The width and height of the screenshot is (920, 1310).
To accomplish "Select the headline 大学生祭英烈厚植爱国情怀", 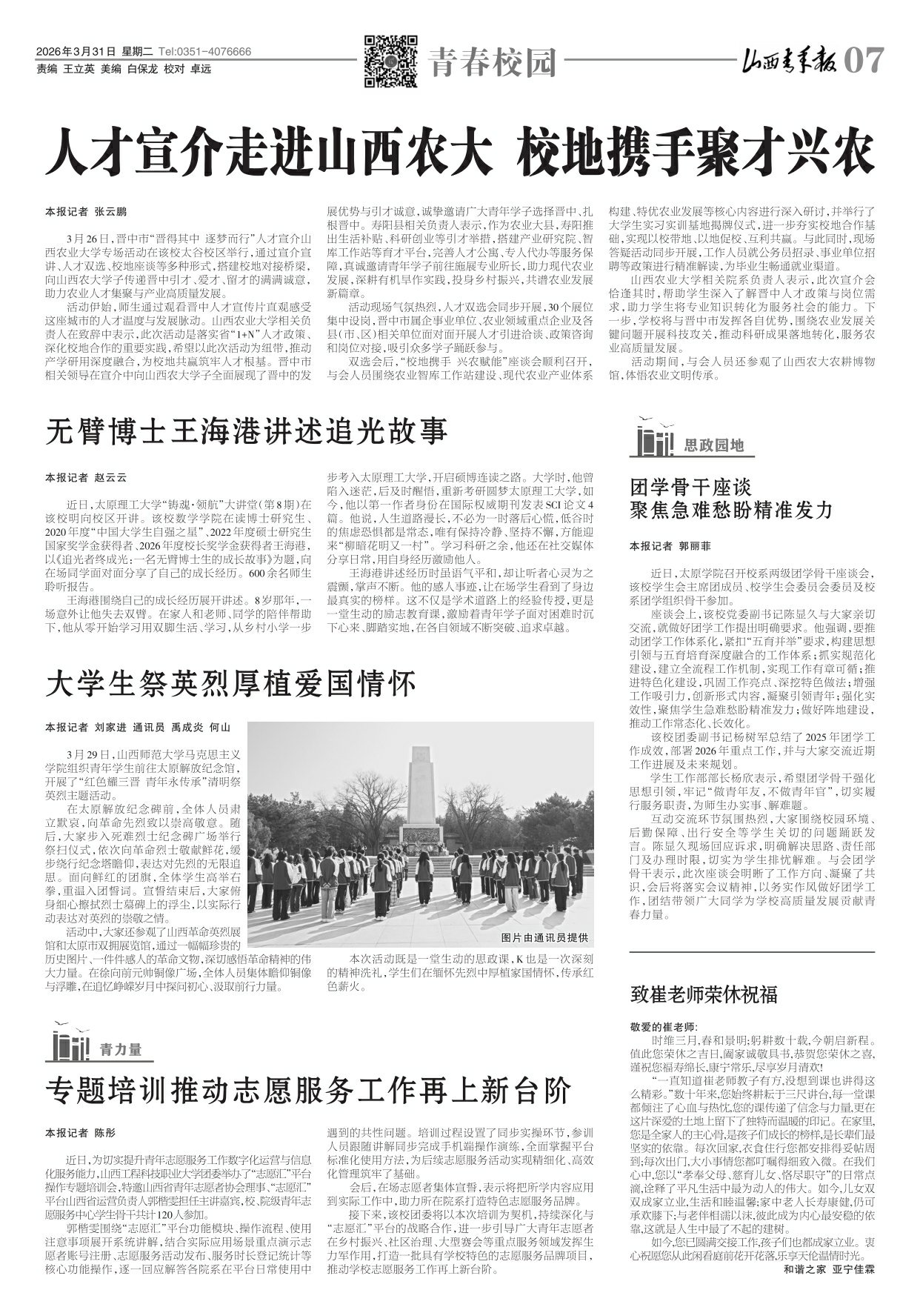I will (231, 683).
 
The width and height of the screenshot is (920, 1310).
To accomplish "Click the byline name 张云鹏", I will (110, 211).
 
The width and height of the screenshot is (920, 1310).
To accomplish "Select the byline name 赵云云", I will (110, 477).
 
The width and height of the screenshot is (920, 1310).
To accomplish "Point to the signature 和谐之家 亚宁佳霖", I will (829, 1269).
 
